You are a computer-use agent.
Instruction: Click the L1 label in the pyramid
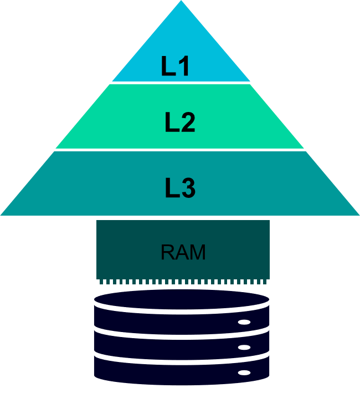pyautogui.click(x=176, y=67)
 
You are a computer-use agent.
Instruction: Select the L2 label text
pyautogui.click(x=180, y=123)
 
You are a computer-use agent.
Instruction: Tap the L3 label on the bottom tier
pyautogui.click(x=181, y=188)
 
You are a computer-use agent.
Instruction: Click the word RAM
pyautogui.click(x=183, y=253)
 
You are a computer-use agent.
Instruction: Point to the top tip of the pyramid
pyautogui.click(x=181, y=2)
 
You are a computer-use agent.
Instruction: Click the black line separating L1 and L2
pyautogui.click(x=181, y=83)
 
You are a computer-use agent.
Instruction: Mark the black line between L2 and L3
pyautogui.click(x=181, y=150)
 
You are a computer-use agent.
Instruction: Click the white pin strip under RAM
pyautogui.click(x=183, y=282)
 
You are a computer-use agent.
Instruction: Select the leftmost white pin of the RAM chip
pyautogui.click(x=99, y=282)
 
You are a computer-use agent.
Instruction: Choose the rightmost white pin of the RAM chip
pyautogui.click(x=268, y=282)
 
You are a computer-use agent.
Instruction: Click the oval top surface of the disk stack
pyautogui.click(x=182, y=299)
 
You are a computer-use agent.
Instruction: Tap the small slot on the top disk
pyautogui.click(x=244, y=322)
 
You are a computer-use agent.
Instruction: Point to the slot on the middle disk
pyautogui.click(x=244, y=348)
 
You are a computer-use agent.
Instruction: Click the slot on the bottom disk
pyautogui.click(x=244, y=373)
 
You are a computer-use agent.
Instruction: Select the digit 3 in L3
pyautogui.click(x=188, y=188)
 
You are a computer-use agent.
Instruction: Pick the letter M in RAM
pyautogui.click(x=197, y=253)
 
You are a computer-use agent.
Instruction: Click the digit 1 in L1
pyautogui.click(x=184, y=67)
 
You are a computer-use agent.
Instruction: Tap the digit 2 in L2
pyautogui.click(x=188, y=123)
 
